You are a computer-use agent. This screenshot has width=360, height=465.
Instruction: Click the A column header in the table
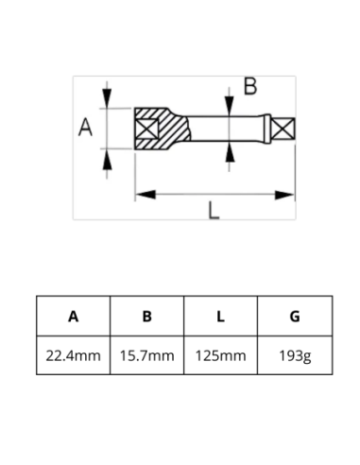click(x=73, y=317)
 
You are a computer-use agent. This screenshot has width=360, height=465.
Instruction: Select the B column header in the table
click(x=146, y=317)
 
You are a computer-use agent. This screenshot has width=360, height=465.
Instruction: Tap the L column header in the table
click(x=220, y=317)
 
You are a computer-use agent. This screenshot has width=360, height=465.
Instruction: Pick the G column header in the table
click(x=294, y=317)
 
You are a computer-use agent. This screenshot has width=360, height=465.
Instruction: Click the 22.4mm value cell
click(x=73, y=355)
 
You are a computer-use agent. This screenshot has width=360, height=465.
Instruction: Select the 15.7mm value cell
click(x=146, y=355)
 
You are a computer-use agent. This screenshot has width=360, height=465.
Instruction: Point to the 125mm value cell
click(x=220, y=355)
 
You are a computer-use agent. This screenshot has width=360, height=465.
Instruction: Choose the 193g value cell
click(x=294, y=355)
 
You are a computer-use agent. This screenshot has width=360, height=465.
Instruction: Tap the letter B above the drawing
click(x=249, y=86)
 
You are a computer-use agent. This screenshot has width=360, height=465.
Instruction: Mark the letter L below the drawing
click(x=214, y=212)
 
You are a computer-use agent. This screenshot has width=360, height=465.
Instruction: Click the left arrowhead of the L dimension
click(x=144, y=195)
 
